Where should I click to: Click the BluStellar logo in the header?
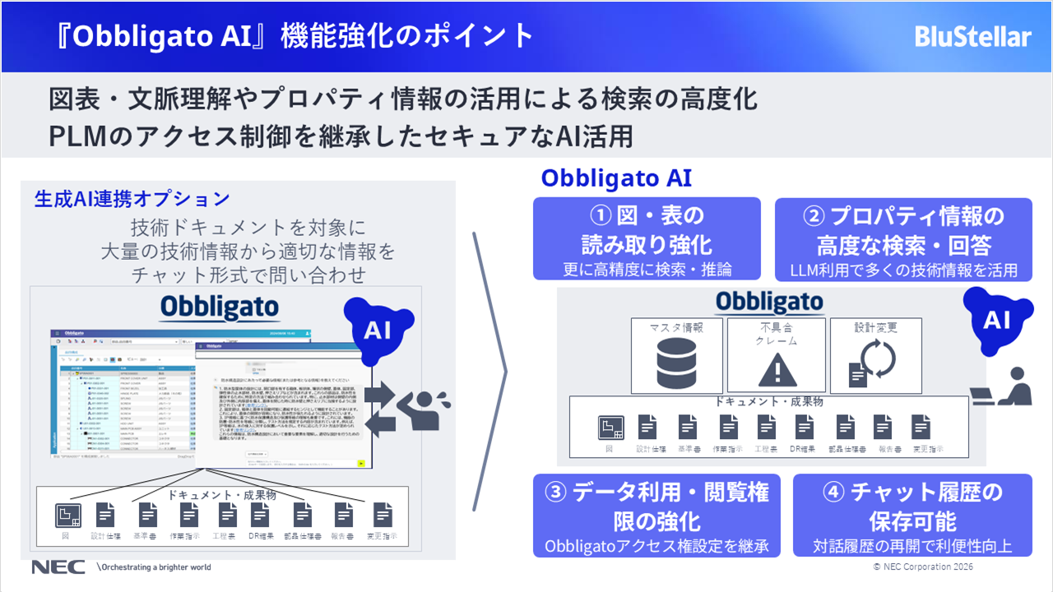click(972, 37)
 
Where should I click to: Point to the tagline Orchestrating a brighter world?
click(155, 567)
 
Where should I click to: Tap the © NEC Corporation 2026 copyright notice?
click(923, 567)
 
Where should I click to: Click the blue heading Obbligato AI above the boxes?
click(616, 178)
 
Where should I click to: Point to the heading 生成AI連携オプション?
click(132, 198)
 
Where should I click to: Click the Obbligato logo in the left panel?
click(220, 307)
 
